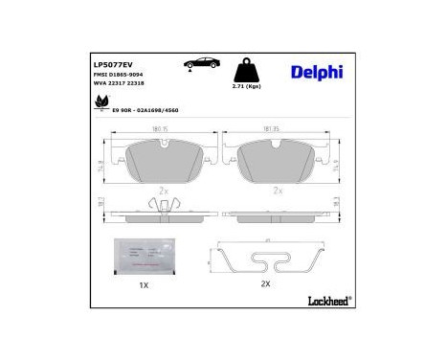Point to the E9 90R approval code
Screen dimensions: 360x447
[146, 110]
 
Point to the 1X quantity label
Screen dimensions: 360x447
[144, 284]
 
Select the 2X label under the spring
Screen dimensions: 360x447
[266, 284]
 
